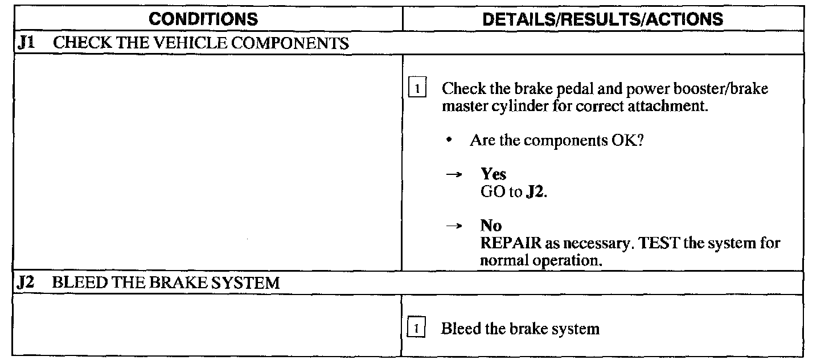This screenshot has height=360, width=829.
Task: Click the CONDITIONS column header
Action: click(203, 19)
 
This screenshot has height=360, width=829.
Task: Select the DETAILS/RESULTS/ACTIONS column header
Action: click(602, 19)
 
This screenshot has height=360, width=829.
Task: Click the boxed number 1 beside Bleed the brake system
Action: click(418, 329)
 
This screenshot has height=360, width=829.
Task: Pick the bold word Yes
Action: click(493, 174)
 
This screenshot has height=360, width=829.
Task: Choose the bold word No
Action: click(491, 226)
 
